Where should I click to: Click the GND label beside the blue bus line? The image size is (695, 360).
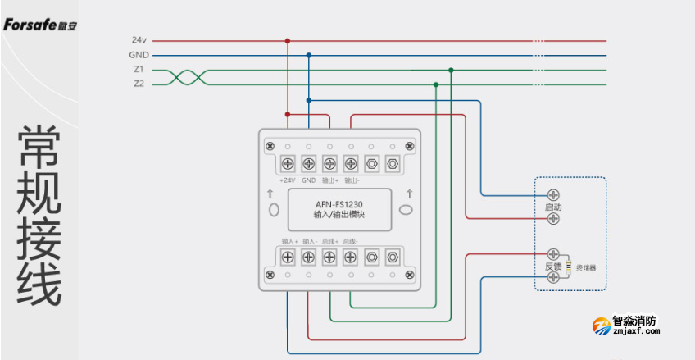(138, 55)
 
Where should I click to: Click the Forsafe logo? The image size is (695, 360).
(39, 25)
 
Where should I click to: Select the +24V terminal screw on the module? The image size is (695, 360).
(288, 163)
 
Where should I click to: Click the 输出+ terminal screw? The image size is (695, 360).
(329, 163)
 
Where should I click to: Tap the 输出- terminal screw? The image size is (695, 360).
(351, 163)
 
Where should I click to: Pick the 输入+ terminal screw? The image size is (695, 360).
(288, 257)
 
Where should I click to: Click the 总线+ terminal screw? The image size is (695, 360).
(329, 257)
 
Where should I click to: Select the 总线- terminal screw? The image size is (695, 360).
(351, 257)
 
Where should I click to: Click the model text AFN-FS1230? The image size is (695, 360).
(338, 204)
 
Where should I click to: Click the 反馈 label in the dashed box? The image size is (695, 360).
(553, 267)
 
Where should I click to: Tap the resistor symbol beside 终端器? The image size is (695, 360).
(569, 267)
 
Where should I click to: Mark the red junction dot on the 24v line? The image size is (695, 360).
(288, 40)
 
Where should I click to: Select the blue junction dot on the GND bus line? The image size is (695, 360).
(308, 55)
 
